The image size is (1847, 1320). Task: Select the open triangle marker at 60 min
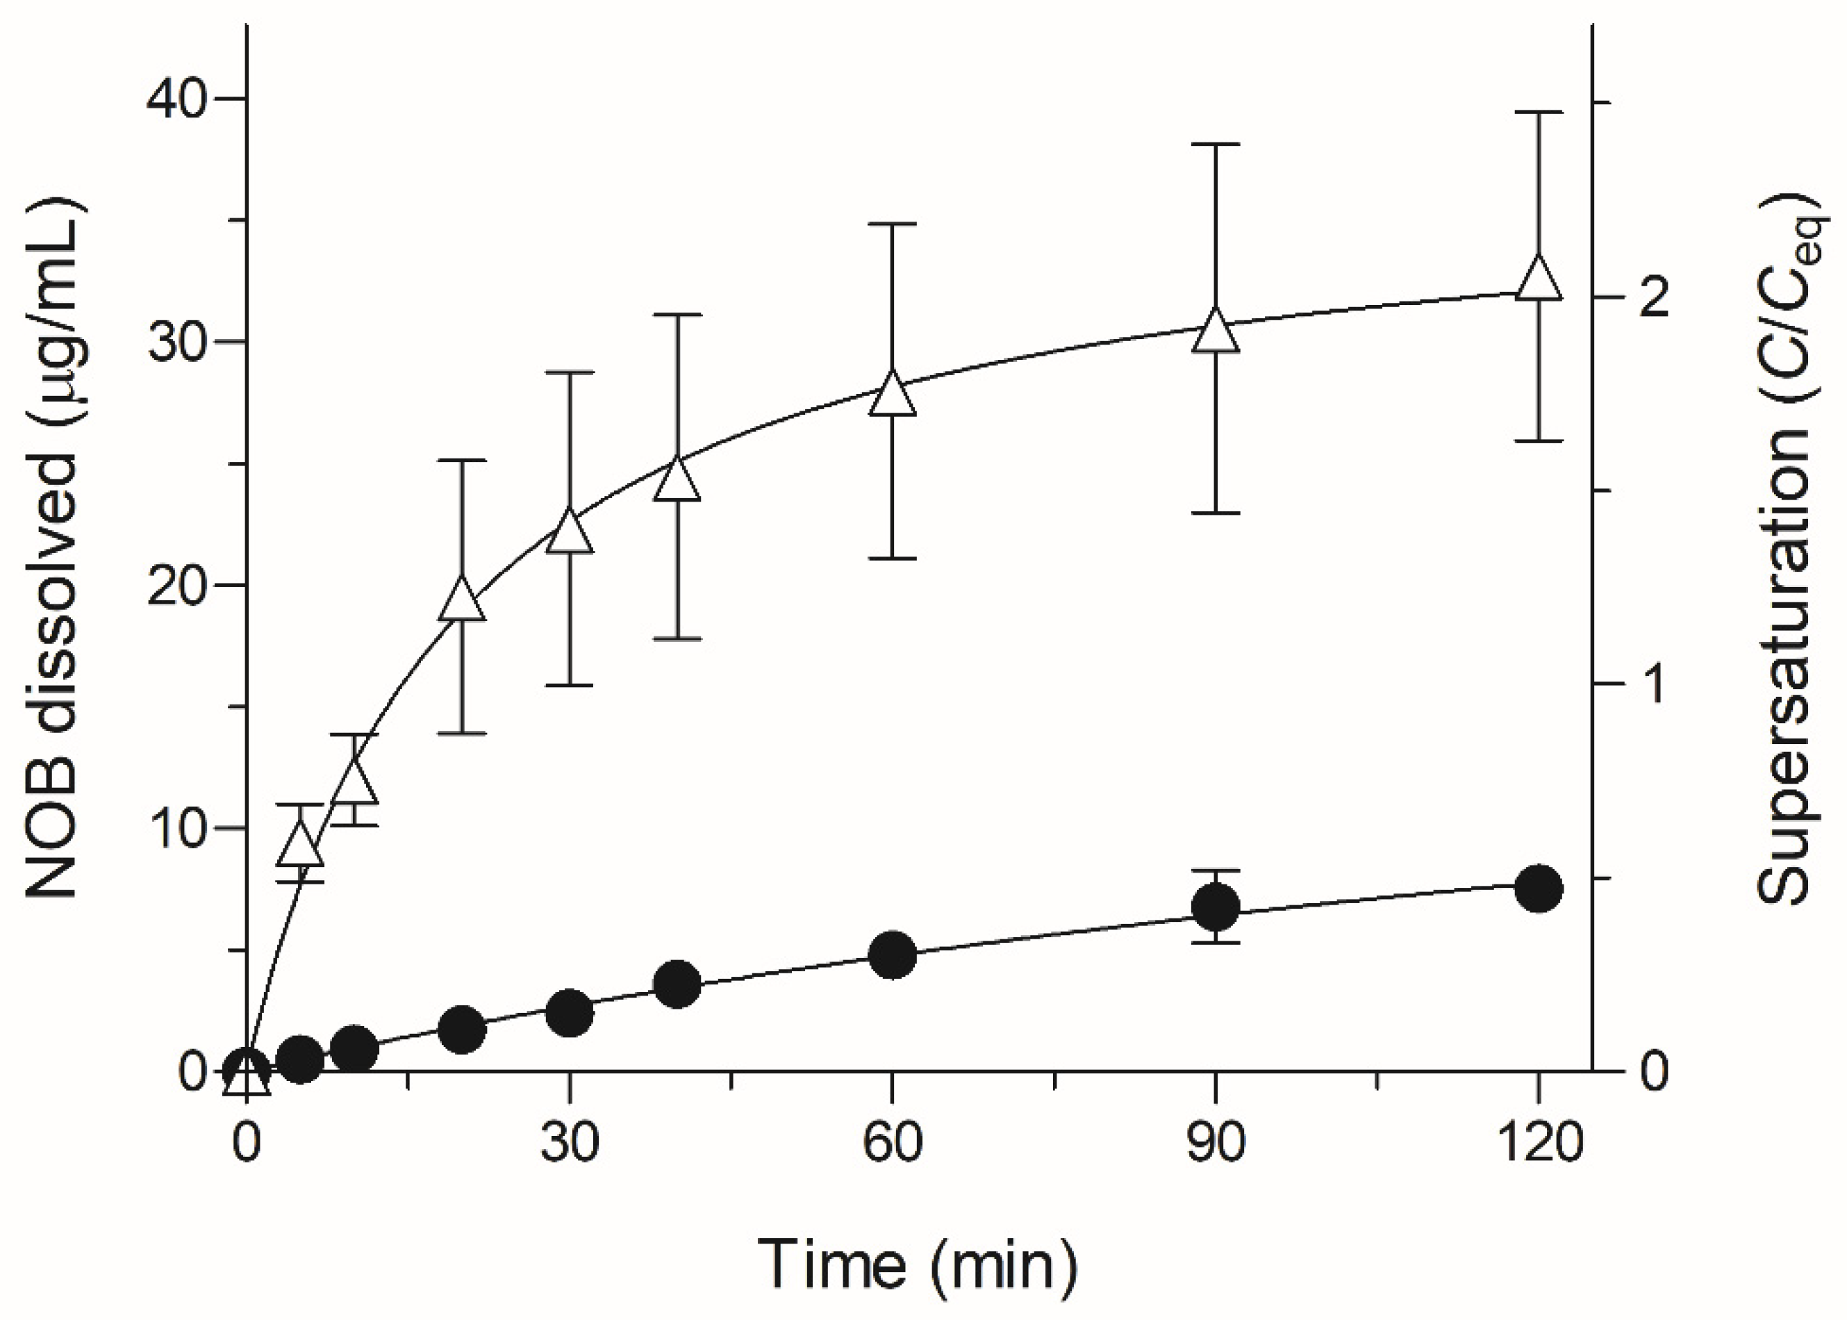[892, 396]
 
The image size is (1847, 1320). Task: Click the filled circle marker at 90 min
[1216, 907]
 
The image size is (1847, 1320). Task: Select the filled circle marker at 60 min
[892, 956]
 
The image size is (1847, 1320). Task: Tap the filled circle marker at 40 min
[677, 984]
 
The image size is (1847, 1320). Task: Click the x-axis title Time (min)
[918, 1264]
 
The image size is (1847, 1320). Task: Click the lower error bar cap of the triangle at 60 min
[892, 559]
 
